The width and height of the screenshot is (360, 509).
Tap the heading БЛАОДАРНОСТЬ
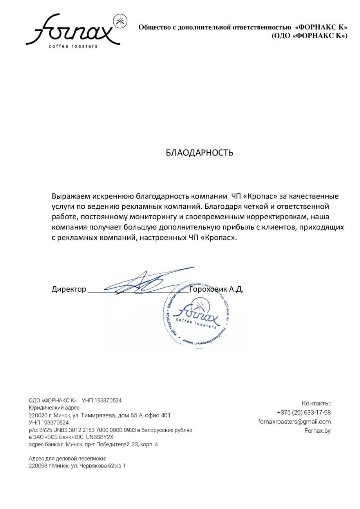point(199,152)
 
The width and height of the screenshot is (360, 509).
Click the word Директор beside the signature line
point(69,289)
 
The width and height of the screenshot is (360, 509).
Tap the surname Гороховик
point(208,289)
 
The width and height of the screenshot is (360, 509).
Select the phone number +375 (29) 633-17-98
point(304,412)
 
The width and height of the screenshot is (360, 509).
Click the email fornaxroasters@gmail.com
point(294,422)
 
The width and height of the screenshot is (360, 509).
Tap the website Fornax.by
point(317,431)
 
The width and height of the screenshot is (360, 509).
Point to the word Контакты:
point(316,403)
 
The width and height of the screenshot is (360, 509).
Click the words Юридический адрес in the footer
point(54,408)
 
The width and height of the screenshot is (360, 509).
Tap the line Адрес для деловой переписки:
point(67,458)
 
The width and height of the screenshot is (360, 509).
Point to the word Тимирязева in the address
point(99,415)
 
